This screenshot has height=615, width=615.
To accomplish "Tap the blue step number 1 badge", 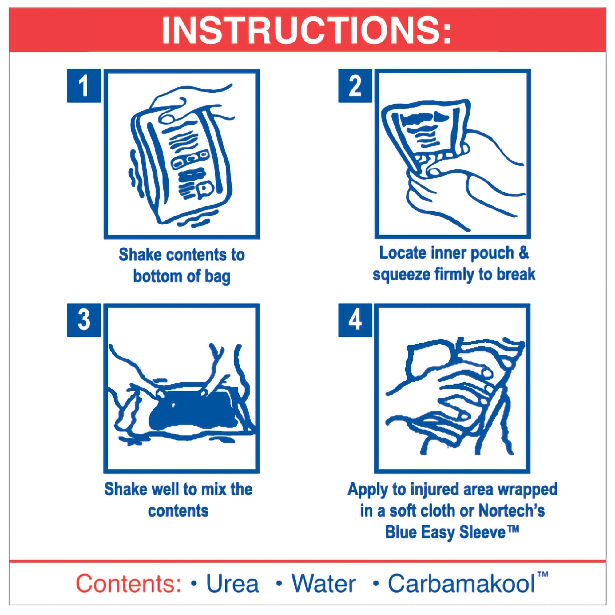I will pos(84,85).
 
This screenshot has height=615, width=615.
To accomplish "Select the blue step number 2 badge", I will pos(355,85).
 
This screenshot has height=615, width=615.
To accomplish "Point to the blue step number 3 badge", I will pos(84,320).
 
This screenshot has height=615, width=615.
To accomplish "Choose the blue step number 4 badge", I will pos(355,320).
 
